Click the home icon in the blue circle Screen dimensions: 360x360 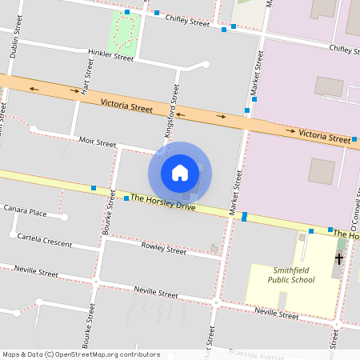[x=180, y=172]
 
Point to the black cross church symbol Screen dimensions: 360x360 [x=338, y=258]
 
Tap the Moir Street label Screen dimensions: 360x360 [x=98, y=142]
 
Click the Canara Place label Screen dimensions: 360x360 [x=26, y=213]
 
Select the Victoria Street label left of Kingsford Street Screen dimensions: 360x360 [x=126, y=106]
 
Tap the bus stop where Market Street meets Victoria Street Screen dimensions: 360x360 [x=246, y=110]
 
